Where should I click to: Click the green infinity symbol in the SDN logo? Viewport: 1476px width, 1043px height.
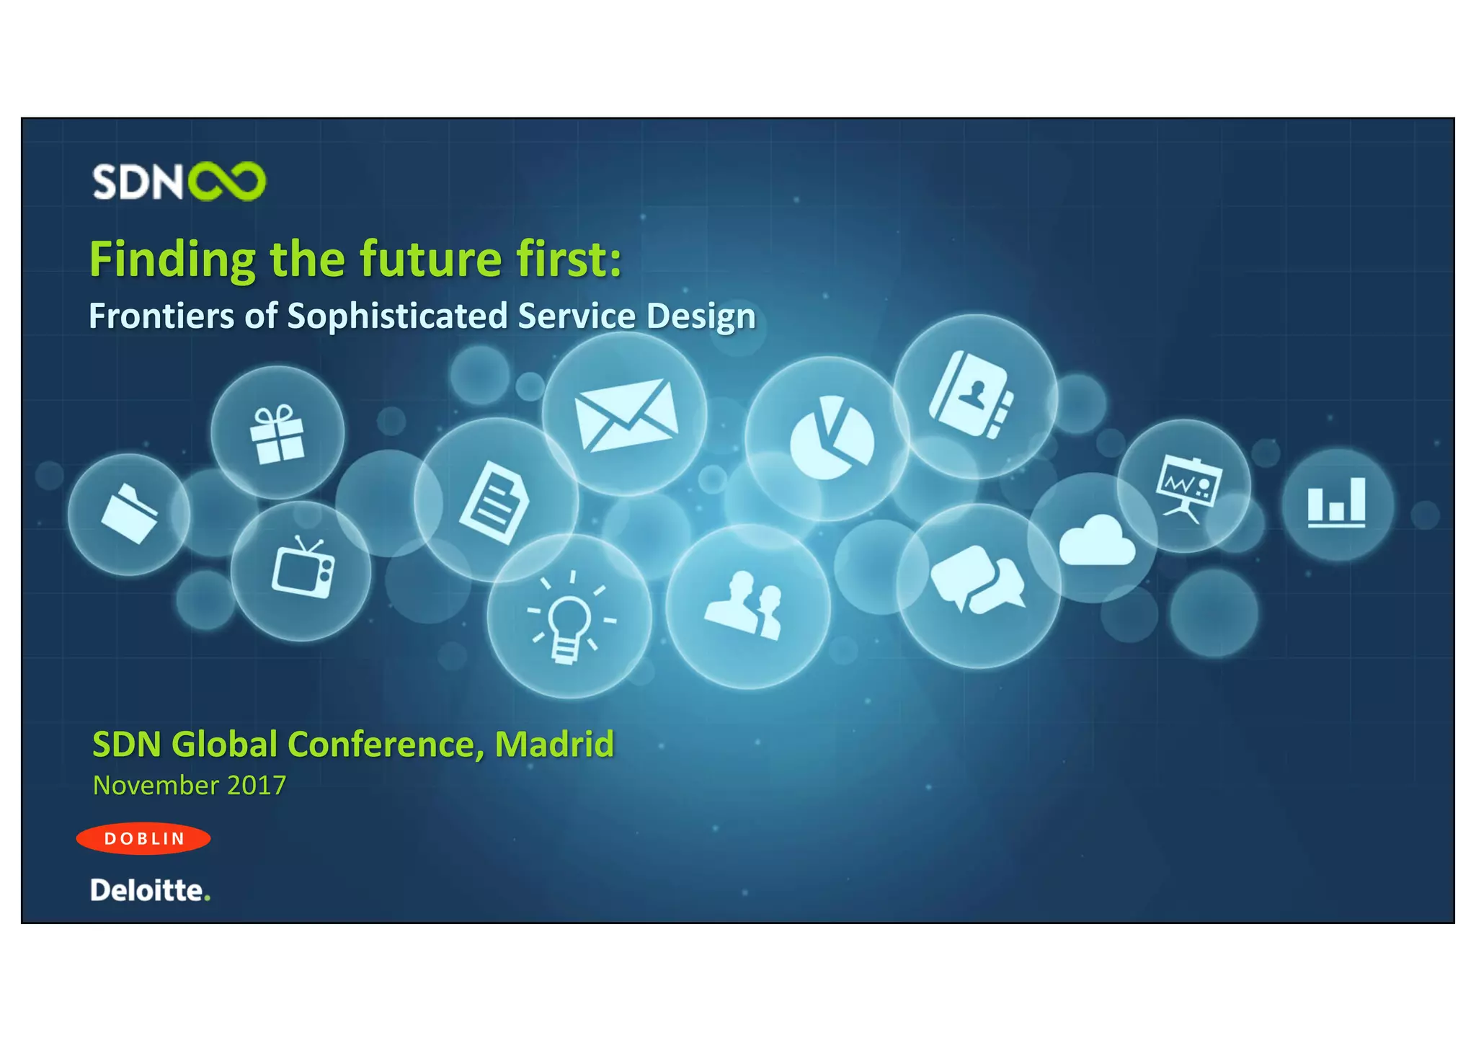point(227,181)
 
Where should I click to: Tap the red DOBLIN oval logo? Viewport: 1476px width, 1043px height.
point(143,838)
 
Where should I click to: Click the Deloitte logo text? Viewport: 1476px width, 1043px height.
point(149,890)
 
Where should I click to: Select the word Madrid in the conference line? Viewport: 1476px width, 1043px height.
point(553,744)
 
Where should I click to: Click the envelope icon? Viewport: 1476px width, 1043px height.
point(626,415)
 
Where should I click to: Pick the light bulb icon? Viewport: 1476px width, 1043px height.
point(569,619)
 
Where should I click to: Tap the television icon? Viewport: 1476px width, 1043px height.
point(303,568)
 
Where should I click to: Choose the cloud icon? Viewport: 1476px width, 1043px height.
point(1096,541)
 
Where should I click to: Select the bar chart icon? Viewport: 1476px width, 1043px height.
point(1336,503)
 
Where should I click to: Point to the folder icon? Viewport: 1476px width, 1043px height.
point(130,513)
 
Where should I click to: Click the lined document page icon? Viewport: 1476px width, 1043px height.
point(494,502)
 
